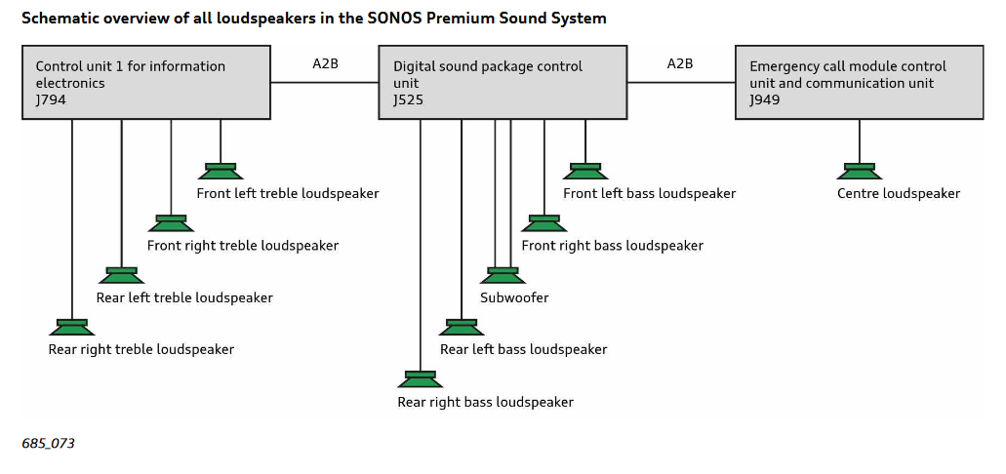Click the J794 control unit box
pyautogui.click(x=146, y=83)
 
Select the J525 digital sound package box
pyautogui.click(x=503, y=83)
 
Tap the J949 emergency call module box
pyautogui.click(x=860, y=83)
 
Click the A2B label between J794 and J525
pyautogui.click(x=325, y=64)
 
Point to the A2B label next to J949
pyautogui.click(x=680, y=64)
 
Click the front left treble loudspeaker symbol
pyautogui.click(x=221, y=172)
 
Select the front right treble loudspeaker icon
pyautogui.click(x=171, y=223)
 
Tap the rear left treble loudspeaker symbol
pyautogui.click(x=121, y=276)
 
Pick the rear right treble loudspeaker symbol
pyautogui.click(x=72, y=328)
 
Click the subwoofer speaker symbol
pyautogui.click(x=503, y=276)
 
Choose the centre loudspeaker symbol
pyautogui.click(x=860, y=172)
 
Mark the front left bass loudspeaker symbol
pyautogui.click(x=584, y=172)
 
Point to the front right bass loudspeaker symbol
pyautogui.click(x=543, y=223)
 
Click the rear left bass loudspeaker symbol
pyautogui.click(x=461, y=328)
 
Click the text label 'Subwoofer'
pyautogui.click(x=514, y=297)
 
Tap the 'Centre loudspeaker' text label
pyautogui.click(x=898, y=194)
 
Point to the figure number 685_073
pyautogui.click(x=48, y=444)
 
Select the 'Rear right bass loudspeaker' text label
pyautogui.click(x=485, y=402)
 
